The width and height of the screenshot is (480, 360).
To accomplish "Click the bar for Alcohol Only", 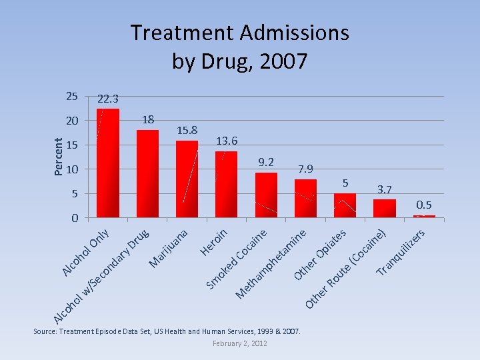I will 108,163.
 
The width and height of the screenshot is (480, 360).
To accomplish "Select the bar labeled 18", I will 147,173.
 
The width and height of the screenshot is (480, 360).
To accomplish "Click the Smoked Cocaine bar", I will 266,195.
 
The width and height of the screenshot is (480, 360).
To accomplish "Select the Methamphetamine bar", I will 305,198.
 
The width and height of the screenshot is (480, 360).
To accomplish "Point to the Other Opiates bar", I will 345,205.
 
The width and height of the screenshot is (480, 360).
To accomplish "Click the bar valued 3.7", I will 385,208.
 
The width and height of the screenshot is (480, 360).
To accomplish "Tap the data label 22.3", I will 108,99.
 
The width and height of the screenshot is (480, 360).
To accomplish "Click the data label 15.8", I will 187,130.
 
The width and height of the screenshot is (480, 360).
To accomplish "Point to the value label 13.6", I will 227,141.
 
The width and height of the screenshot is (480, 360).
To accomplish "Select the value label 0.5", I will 424,205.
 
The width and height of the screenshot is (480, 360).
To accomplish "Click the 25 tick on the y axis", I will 72,97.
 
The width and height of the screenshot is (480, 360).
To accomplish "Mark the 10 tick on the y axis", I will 72,169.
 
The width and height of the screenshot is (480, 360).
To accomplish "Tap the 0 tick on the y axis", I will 75,218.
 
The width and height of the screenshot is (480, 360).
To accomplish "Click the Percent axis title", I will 59,157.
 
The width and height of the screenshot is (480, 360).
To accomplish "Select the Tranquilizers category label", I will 401,253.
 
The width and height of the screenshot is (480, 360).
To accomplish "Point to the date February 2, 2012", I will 239,343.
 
